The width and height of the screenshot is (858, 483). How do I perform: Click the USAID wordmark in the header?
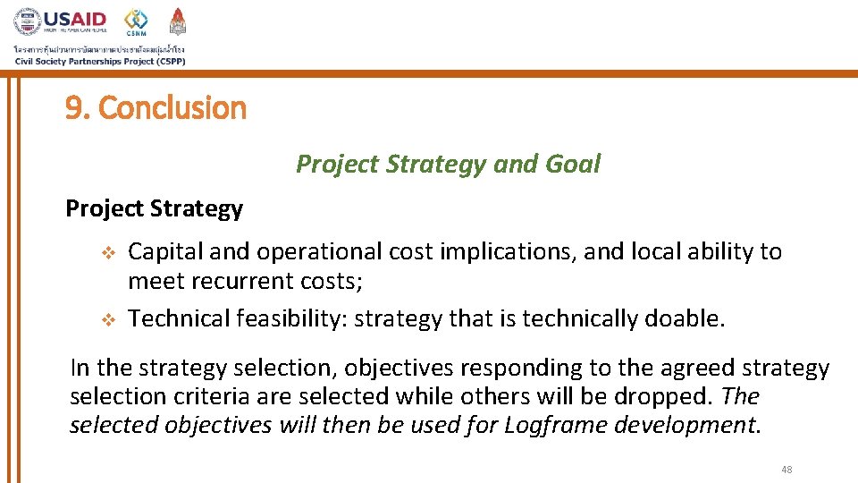(76, 20)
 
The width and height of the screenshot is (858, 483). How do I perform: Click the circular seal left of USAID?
(27, 21)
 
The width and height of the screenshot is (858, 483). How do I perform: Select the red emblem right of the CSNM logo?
(178, 21)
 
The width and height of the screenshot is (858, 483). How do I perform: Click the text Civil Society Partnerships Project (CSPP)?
(99, 61)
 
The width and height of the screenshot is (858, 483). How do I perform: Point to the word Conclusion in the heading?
(172, 108)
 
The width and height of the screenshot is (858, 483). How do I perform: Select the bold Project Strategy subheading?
(154, 208)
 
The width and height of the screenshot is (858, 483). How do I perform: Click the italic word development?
(683, 425)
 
